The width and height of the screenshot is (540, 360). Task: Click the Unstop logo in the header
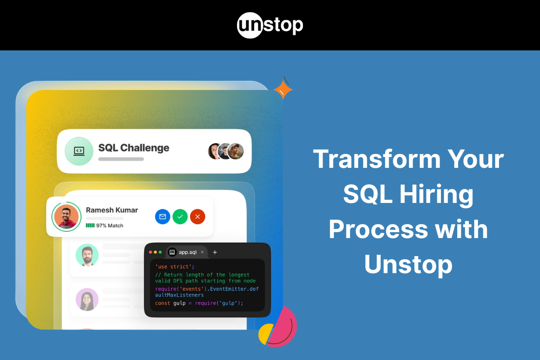(270, 25)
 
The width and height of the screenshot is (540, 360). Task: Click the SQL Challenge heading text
(134, 148)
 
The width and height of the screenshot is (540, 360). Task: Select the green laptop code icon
(79, 151)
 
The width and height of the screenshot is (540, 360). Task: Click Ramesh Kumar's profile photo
(66, 216)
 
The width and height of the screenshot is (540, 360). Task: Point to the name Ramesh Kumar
(112, 210)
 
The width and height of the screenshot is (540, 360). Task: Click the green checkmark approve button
(180, 216)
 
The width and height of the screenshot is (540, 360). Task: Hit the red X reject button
(198, 216)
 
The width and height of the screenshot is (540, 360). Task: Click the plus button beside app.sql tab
(215, 252)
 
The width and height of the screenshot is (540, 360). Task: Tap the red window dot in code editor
(151, 252)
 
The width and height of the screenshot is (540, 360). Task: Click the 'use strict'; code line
(175, 267)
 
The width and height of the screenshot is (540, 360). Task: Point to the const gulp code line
(199, 303)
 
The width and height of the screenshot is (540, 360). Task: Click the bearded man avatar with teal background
(87, 255)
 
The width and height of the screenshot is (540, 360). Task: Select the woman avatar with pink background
(87, 299)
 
